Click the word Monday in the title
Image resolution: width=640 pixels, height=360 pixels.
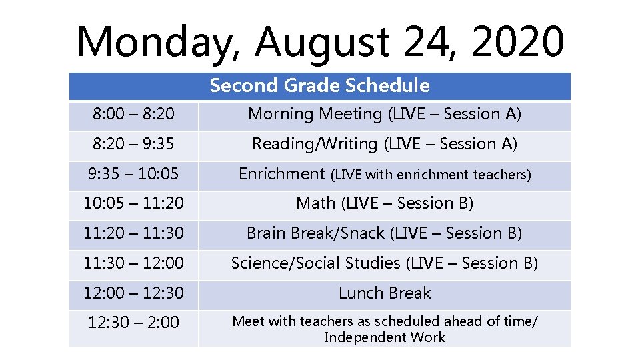point(159,41)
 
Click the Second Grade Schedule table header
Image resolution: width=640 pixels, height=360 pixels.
point(319,85)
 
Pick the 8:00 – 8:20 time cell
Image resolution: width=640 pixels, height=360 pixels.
point(133,115)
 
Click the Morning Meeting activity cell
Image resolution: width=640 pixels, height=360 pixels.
point(384,115)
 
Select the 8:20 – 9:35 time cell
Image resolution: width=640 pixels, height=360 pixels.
point(133,144)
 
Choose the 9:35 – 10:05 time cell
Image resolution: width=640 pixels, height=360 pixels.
point(133,174)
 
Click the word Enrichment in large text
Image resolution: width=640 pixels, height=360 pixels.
point(281,174)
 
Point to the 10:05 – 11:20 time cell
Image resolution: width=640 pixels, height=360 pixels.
point(133,203)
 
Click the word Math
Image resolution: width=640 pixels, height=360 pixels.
point(316,203)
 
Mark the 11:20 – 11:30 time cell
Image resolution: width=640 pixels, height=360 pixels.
point(133,233)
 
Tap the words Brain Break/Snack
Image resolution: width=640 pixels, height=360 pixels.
point(315,233)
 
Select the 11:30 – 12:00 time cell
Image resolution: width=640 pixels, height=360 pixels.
point(133,263)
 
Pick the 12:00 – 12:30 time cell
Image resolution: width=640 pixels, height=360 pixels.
point(133,293)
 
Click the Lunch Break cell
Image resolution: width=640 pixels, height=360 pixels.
point(384,293)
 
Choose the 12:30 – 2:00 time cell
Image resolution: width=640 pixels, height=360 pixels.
point(133,323)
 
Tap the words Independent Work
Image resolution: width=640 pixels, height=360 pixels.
point(384,337)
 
